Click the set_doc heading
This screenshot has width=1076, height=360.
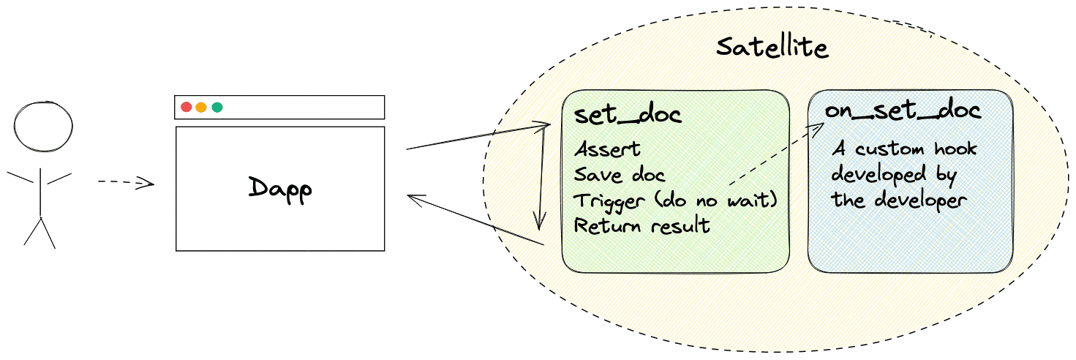[628, 116]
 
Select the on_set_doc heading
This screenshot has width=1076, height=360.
[903, 111]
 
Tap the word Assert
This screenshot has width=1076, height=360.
[607, 149]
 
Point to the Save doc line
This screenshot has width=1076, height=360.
[620, 175]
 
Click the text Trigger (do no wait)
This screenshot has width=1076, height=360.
[674, 200]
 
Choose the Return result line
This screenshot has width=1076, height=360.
[642, 225]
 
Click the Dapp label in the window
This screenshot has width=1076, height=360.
[279, 189]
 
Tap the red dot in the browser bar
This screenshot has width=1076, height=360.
[186, 107]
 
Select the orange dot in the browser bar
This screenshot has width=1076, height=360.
[201, 107]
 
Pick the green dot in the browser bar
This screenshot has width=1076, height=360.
[217, 107]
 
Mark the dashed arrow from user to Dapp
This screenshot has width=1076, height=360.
[126, 182]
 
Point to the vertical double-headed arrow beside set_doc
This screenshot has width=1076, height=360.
[541, 176]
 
